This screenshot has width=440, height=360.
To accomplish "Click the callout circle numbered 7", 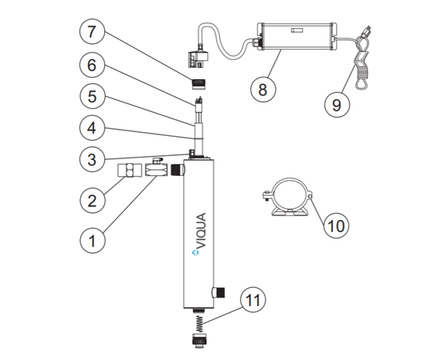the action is coord(92,31).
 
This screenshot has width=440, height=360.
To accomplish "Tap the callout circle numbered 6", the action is coord(92,65).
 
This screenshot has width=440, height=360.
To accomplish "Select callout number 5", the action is coord(92,96).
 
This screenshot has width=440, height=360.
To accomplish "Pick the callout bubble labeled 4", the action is coord(92,128).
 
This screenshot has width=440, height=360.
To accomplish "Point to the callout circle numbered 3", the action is coord(92,159).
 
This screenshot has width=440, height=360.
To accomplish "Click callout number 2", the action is coord(92,201).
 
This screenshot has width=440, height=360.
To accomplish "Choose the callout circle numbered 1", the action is coord(92,241).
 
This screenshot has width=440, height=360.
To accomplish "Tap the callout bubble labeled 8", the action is coord(263,90).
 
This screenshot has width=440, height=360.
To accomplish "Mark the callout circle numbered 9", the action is coord(337,104).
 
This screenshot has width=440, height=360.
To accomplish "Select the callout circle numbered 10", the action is coord(336,226).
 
